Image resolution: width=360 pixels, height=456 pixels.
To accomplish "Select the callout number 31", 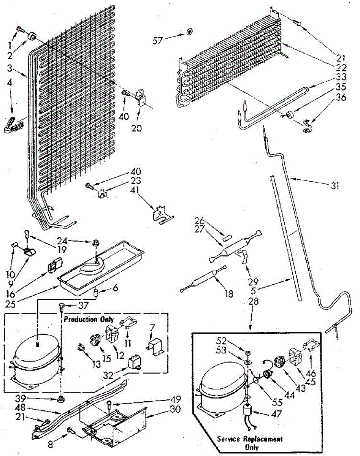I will coord(335,186).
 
